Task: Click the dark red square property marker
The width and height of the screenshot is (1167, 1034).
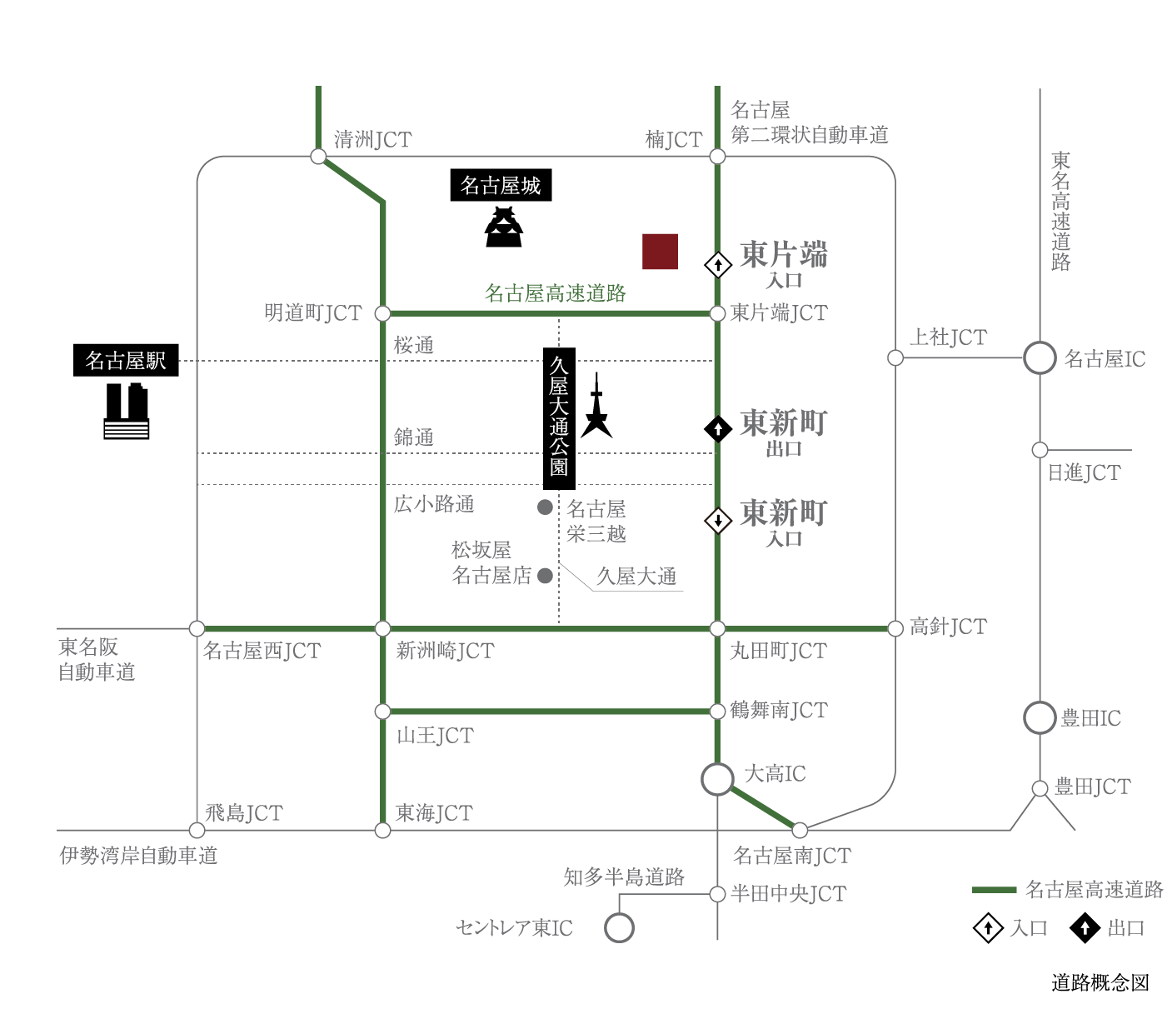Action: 660,252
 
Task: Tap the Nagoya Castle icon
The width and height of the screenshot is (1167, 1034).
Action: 503,227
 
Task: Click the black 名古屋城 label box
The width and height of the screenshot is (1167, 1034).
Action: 501,185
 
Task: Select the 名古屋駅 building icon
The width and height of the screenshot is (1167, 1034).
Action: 126,411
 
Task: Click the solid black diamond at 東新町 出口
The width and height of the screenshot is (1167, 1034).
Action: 718,429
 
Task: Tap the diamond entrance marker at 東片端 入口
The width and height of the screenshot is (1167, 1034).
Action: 718,266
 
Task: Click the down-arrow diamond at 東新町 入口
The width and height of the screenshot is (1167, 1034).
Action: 718,521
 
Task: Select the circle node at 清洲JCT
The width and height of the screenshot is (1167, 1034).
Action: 318,156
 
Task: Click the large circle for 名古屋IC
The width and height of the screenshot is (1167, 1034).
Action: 1039,358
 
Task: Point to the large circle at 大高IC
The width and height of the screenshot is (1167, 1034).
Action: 717,779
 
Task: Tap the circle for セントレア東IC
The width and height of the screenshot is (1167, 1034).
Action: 619,928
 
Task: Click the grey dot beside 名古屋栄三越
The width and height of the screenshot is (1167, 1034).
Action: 545,507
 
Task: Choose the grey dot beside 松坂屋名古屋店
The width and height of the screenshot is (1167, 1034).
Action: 545,575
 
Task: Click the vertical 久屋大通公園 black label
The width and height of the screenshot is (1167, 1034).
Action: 559,418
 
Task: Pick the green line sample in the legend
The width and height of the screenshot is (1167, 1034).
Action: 994,890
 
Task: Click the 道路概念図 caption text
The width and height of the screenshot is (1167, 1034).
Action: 1100,982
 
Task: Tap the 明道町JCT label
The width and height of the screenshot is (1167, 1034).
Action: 312,313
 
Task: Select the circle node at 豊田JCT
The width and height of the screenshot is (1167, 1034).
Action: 1039,788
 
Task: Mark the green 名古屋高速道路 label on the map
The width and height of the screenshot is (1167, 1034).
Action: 556,293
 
